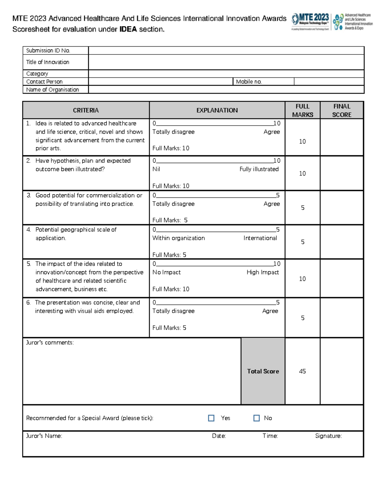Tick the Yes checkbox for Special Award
[x=211, y=418]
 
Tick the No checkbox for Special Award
[x=256, y=418]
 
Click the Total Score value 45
[x=302, y=371]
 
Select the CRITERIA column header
[x=86, y=110]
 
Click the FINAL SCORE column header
[x=342, y=110]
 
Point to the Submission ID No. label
[x=48, y=50]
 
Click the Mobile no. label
[x=249, y=82]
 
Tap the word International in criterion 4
[x=260, y=238]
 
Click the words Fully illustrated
[x=259, y=169]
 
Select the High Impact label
[x=263, y=272]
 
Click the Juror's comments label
[x=50, y=343]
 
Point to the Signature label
[x=329, y=436]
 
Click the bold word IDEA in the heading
[x=128, y=29]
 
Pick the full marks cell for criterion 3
[x=302, y=208]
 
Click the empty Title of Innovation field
[x=226, y=62]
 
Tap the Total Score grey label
[x=263, y=371]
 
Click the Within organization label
[x=179, y=238]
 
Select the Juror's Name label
[x=44, y=436]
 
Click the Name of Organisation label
[x=53, y=90]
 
